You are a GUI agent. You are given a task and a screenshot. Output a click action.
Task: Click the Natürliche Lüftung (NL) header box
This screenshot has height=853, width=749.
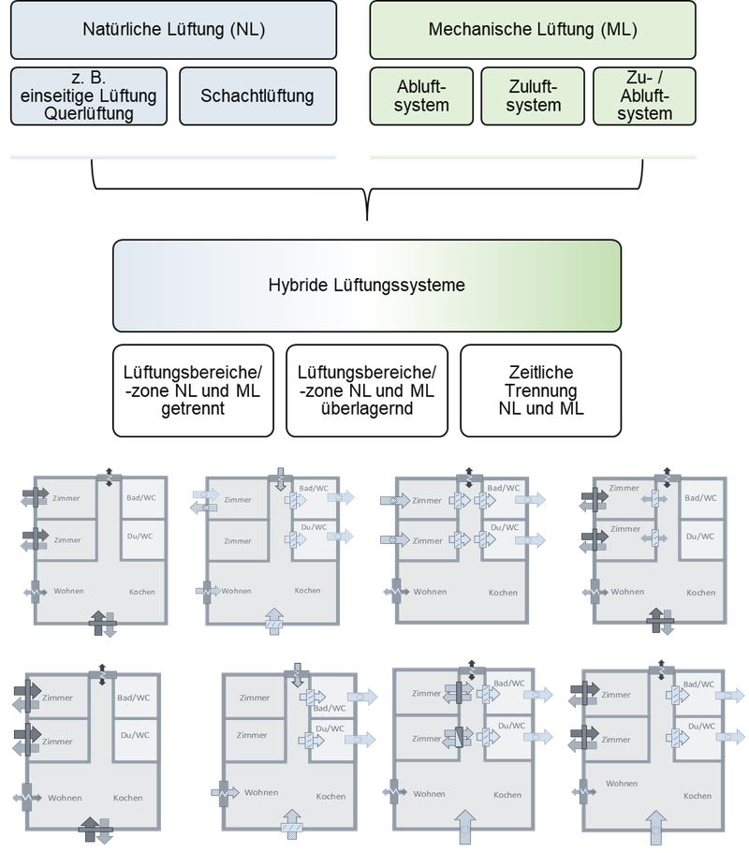coord(173,30)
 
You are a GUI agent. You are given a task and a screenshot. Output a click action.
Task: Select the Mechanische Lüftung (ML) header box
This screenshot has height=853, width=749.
coord(533,30)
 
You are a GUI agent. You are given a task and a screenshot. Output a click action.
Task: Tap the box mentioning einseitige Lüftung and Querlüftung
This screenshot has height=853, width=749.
coord(89,96)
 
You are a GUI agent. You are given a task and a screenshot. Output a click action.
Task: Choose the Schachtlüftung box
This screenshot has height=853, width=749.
coord(257,96)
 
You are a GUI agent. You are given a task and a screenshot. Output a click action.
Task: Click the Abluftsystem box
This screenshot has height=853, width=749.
coord(421,96)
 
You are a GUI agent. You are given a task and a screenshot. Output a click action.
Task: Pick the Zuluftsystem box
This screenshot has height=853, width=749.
coord(533,96)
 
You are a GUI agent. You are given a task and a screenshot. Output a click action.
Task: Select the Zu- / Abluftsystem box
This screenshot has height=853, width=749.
coord(645,96)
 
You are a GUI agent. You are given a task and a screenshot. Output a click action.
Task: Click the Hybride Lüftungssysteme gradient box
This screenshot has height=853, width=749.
coord(366,285)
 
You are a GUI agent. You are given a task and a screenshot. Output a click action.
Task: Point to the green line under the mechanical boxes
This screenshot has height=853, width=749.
coord(533,158)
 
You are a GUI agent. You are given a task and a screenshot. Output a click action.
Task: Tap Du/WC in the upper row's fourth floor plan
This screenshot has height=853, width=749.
coord(700,536)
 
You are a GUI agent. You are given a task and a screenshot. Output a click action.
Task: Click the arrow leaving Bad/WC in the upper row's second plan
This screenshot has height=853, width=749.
coord(342,497)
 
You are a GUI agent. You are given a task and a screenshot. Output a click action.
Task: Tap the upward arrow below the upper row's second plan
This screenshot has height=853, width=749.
coord(274,622)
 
